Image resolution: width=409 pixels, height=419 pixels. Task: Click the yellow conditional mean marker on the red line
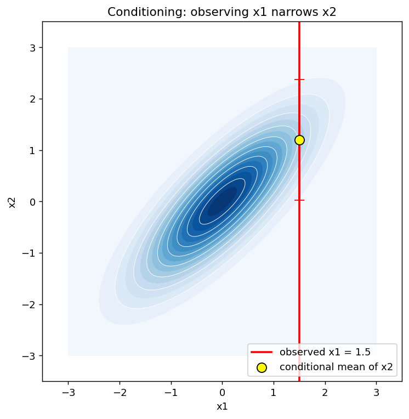pyautogui.click(x=299, y=140)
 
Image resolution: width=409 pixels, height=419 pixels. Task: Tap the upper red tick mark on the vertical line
pyautogui.click(x=299, y=80)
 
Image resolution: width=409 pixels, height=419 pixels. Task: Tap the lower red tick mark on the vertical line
pyautogui.click(x=299, y=200)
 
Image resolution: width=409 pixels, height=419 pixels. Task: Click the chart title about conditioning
pyautogui.click(x=221, y=12)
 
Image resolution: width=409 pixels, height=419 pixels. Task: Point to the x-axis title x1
pyautogui.click(x=222, y=406)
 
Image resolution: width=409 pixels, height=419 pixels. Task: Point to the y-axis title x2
pyautogui.click(x=12, y=202)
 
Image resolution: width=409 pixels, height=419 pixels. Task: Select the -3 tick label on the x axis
pyautogui.click(x=68, y=393)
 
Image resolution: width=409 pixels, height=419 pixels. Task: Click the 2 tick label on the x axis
pyautogui.click(x=325, y=393)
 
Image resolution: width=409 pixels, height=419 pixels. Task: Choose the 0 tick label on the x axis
pyautogui.click(x=222, y=393)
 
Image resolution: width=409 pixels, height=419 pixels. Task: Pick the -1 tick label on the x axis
pyautogui.click(x=171, y=393)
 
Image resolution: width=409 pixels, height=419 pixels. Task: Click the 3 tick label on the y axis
pyautogui.click(x=32, y=49)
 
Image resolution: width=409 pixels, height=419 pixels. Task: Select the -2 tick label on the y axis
pyautogui.click(x=29, y=304)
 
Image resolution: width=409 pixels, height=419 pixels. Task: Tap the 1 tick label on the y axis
pyautogui.click(x=32, y=151)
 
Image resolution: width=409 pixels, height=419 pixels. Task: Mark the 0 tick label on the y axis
pyautogui.click(x=32, y=202)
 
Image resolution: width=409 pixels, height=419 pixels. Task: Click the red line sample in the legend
pyautogui.click(x=262, y=352)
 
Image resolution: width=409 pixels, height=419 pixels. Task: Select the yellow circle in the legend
pyautogui.click(x=262, y=367)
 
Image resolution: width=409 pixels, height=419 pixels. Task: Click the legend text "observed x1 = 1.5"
pyautogui.click(x=325, y=352)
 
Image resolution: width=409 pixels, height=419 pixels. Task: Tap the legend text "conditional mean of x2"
pyautogui.click(x=336, y=367)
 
